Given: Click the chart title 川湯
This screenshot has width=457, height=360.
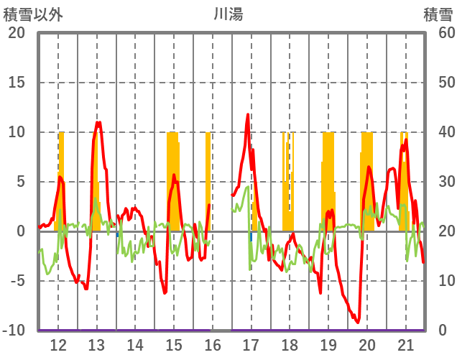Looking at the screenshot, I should click(x=228, y=14).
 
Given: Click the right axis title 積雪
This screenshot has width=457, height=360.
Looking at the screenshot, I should click(x=437, y=14).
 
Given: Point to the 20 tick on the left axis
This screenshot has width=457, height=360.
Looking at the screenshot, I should click(x=17, y=33).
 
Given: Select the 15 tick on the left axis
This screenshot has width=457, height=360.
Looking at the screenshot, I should click(x=17, y=83).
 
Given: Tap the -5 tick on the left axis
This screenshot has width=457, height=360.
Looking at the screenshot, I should click(x=17, y=281).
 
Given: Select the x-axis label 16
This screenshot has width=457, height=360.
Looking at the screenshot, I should click(x=212, y=344).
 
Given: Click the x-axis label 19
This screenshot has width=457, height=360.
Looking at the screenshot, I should click(x=328, y=344).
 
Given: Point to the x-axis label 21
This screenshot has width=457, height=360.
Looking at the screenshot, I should click(x=405, y=344).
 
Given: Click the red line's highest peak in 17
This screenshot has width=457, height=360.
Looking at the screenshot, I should click(x=248, y=114).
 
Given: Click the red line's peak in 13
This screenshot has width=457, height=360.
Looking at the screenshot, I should click(x=98, y=122).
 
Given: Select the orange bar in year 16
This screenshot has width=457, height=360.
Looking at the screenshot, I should click(x=208, y=180).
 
